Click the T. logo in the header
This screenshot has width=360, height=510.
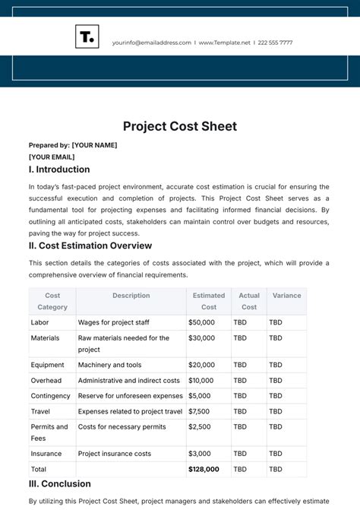click(x=87, y=36)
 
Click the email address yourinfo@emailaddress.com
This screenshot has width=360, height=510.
click(x=151, y=43)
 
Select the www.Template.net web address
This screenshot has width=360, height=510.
click(x=226, y=43)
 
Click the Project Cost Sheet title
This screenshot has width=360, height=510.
click(x=180, y=126)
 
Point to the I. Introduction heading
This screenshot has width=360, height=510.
click(x=59, y=169)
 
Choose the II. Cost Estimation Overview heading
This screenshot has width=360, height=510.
click(x=90, y=245)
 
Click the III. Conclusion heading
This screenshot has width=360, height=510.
click(x=60, y=483)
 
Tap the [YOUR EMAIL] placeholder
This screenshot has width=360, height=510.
click(x=52, y=157)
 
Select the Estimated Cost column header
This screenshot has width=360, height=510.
click(x=209, y=301)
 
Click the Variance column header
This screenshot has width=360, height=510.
click(x=287, y=296)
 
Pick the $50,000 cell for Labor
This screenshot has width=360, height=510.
click(x=202, y=322)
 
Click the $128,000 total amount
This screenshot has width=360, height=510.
click(x=205, y=469)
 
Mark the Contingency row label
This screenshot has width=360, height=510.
click(x=50, y=395)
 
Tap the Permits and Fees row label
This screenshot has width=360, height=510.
click(x=49, y=432)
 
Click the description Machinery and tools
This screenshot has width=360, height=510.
click(x=109, y=365)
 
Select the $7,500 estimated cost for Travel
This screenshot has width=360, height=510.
click(x=200, y=410)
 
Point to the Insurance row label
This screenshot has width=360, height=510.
click(x=48, y=454)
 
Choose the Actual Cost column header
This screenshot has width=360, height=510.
click(x=249, y=301)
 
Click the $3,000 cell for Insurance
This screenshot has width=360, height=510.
click(x=200, y=454)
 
